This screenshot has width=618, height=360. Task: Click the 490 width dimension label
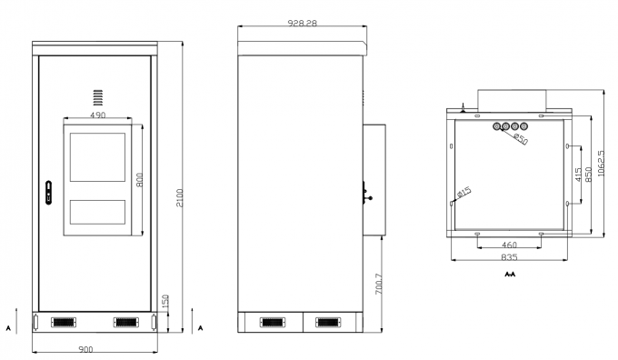click(x=97, y=115)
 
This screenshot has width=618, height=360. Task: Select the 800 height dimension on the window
click(x=140, y=180)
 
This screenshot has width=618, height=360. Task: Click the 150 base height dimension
click(x=165, y=302)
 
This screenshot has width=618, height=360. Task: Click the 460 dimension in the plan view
click(x=510, y=245)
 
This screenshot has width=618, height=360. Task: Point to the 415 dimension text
click(x=578, y=176)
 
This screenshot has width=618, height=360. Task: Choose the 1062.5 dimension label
click(x=601, y=163)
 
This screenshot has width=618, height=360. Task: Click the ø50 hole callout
click(x=521, y=138)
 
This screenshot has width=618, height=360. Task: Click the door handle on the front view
click(x=49, y=193)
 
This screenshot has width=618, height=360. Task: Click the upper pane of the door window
click(x=98, y=155)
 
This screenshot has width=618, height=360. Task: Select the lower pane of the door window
click(x=98, y=212)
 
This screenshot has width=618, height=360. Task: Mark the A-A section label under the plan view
click(x=509, y=273)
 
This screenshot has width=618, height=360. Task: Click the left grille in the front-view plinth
click(x=63, y=322)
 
